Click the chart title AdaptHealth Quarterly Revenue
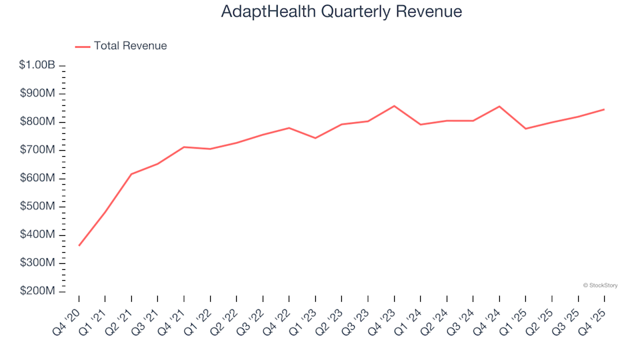[x=341, y=12]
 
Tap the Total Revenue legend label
[x=130, y=46]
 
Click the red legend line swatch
[x=82, y=46]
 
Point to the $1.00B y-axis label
[x=37, y=65]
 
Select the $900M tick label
[x=38, y=93]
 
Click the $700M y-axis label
[x=38, y=150]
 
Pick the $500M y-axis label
[x=38, y=207]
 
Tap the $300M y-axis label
[x=38, y=263]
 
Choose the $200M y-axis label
[x=38, y=291]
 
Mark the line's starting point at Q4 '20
[x=79, y=245]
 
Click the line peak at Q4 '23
[x=394, y=106]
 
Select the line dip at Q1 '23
[x=315, y=138]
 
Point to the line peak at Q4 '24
[x=499, y=106]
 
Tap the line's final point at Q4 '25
[x=604, y=109]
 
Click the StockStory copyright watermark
[x=600, y=285]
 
